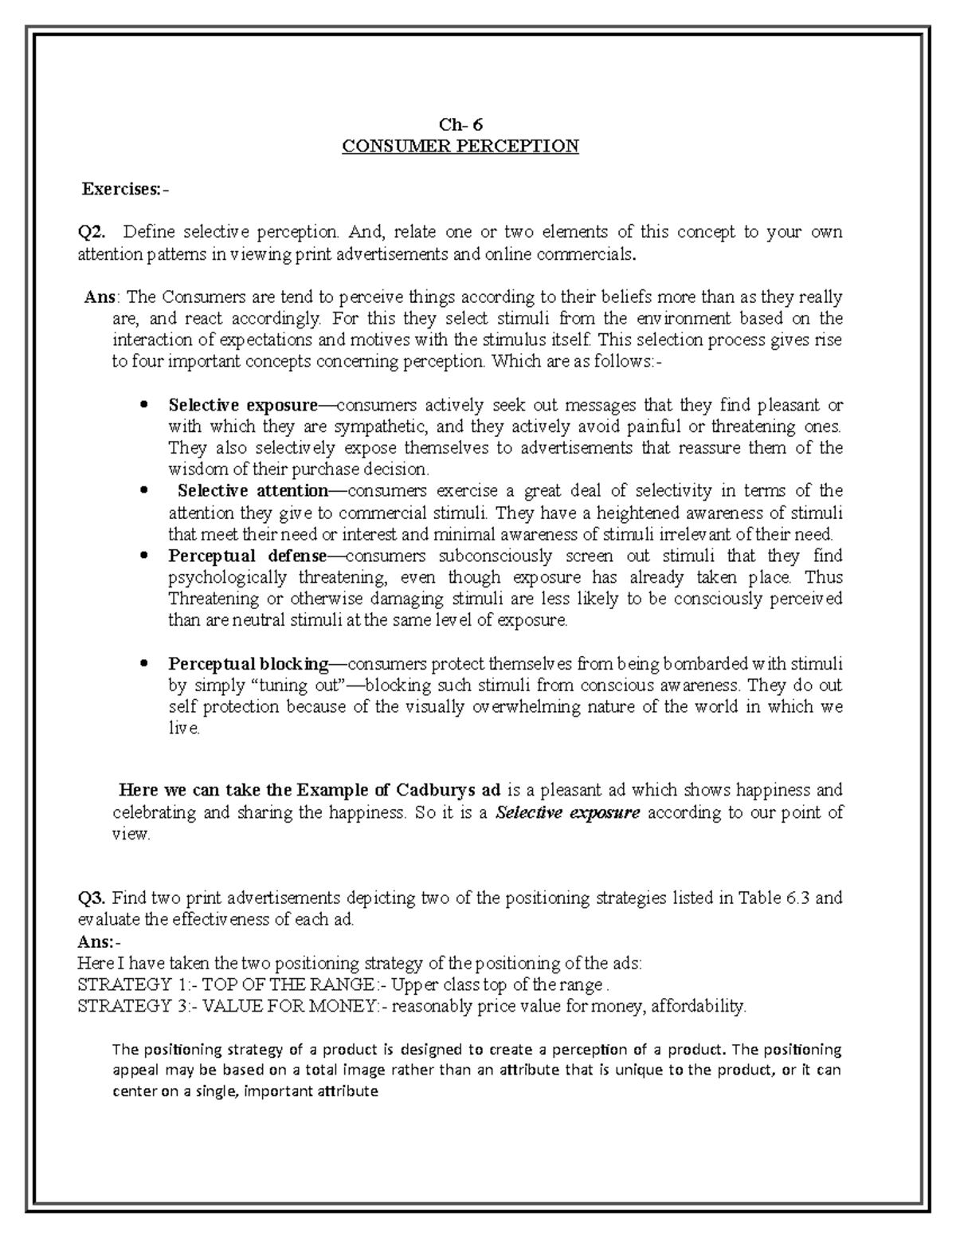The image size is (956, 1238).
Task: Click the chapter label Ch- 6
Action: tap(460, 124)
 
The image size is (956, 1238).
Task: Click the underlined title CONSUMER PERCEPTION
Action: tap(460, 147)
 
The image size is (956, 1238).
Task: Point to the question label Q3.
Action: tap(93, 898)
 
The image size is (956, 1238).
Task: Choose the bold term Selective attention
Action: tap(253, 490)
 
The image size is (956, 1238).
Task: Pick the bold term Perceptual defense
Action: tap(247, 555)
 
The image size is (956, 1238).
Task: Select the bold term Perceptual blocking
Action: tap(248, 663)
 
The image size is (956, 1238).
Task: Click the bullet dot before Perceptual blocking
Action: tap(143, 663)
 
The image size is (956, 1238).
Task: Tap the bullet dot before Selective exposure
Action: tap(143, 404)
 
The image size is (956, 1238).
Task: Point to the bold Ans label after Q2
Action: tap(100, 297)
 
